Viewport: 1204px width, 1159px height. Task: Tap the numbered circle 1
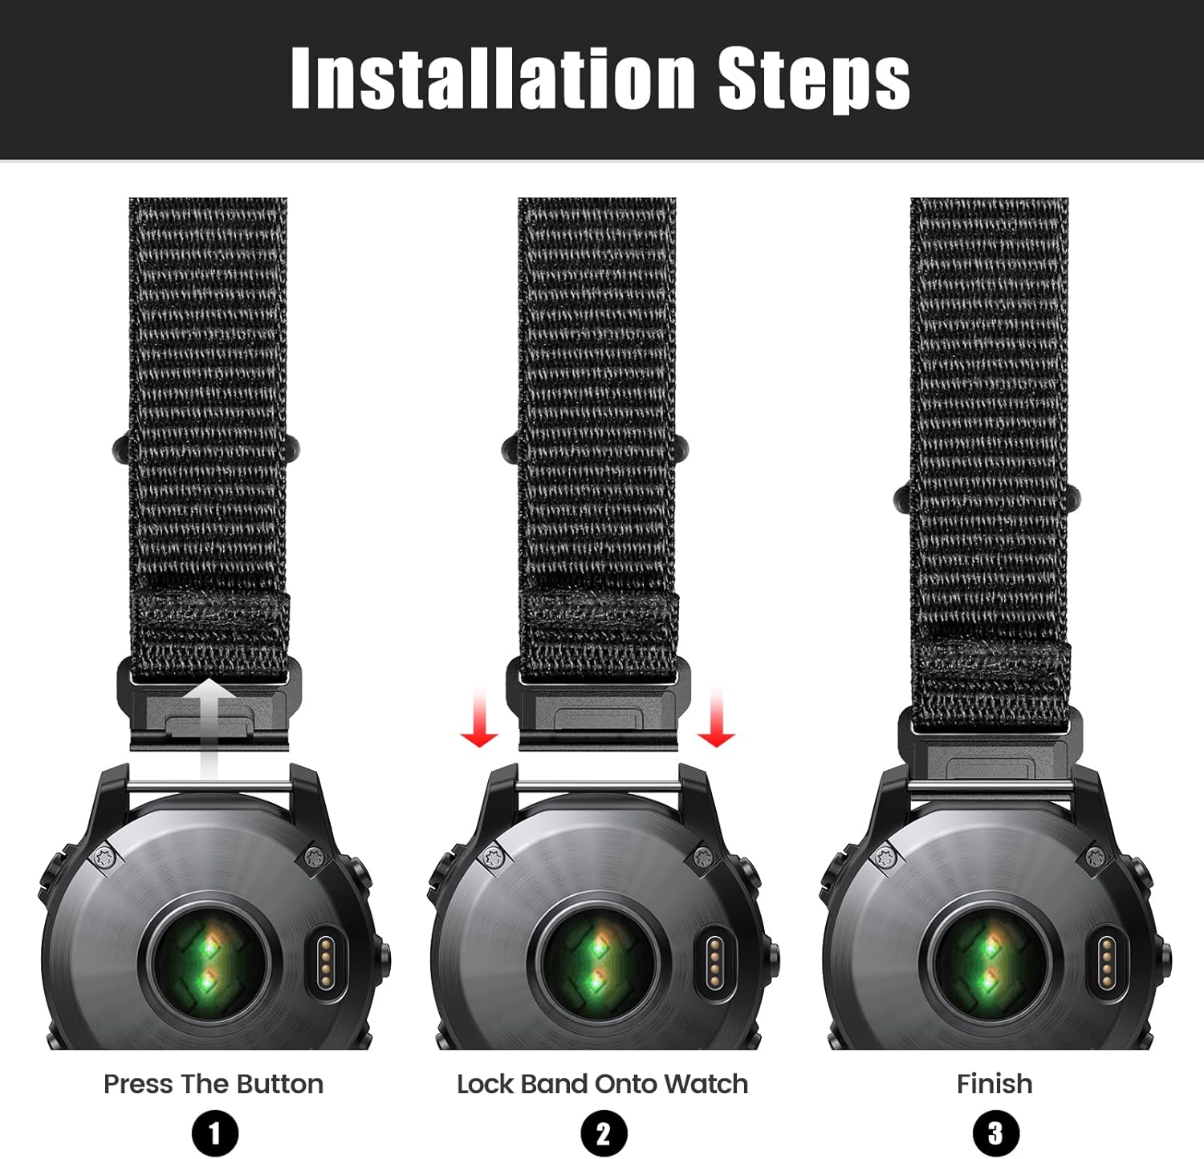(215, 1134)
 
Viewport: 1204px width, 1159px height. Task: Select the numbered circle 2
(603, 1134)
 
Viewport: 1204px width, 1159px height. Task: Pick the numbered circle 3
(995, 1134)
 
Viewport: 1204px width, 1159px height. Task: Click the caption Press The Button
(214, 1084)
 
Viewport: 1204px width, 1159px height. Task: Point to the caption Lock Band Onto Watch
(602, 1084)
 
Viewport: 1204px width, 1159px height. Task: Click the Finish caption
(995, 1084)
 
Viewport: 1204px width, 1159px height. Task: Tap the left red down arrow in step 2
(479, 718)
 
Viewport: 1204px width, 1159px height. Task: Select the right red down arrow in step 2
(716, 718)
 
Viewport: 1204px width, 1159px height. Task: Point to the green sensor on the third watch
(990, 960)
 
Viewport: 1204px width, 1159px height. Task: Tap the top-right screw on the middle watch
(703, 857)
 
